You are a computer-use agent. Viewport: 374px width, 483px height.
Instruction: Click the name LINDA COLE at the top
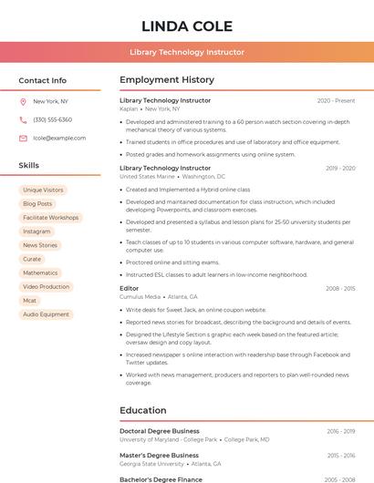click(187, 26)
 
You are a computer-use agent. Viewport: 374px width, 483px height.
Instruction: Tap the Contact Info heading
click(42, 80)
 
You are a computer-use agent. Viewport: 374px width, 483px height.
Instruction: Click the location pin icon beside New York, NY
click(23, 101)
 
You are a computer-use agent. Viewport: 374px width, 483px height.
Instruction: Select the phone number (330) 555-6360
click(52, 119)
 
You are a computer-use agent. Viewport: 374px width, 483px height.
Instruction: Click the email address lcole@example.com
click(59, 138)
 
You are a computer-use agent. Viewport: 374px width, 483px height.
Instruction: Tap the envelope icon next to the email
click(23, 138)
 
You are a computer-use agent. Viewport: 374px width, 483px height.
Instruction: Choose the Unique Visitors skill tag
click(43, 190)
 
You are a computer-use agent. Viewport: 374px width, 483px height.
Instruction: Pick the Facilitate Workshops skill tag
click(51, 218)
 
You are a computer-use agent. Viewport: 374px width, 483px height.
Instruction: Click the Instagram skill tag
click(36, 231)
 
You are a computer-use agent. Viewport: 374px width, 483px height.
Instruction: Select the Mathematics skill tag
click(40, 272)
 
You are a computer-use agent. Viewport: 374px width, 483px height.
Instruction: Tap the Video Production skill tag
click(46, 286)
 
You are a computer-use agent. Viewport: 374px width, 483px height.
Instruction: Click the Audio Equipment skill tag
click(46, 314)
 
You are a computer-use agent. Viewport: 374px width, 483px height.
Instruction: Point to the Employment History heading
click(167, 80)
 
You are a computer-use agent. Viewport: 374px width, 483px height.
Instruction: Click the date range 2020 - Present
click(336, 100)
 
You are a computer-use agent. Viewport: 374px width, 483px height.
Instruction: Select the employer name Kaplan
click(129, 108)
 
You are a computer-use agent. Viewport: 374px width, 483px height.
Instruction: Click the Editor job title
click(130, 288)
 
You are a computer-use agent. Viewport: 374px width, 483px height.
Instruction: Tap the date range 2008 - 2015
click(339, 288)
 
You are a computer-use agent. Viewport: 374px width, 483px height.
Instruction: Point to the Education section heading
click(143, 410)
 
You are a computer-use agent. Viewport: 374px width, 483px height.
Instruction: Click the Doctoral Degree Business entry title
click(160, 431)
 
